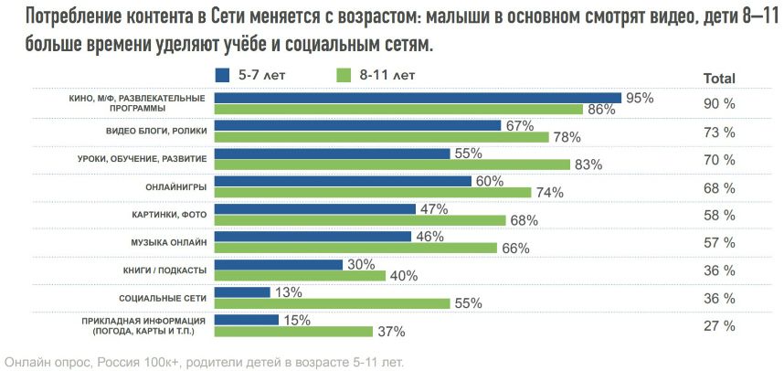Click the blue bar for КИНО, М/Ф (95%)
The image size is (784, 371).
click(x=418, y=98)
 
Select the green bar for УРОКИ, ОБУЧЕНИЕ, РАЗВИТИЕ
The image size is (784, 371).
click(x=393, y=164)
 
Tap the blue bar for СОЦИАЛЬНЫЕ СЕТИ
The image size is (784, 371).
click(x=242, y=292)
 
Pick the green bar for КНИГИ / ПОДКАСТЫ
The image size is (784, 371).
click(x=300, y=275)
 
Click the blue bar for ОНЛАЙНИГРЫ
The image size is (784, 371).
click(x=343, y=181)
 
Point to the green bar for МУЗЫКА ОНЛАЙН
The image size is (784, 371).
click(x=356, y=248)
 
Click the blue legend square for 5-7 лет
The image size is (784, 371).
click(x=223, y=76)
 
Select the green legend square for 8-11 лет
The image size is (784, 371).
click(x=343, y=76)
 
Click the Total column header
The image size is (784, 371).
click(x=719, y=79)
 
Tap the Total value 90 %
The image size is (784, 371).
click(x=719, y=104)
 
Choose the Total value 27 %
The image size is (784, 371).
click(x=719, y=326)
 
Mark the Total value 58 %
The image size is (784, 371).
click(x=719, y=216)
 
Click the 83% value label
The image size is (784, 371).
click(x=588, y=165)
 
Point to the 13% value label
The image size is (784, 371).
click(x=289, y=293)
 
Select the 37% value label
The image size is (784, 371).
click(x=391, y=332)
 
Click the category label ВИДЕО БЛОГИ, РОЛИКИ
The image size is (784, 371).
click(x=156, y=131)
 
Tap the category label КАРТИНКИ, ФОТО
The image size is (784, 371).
click(x=170, y=215)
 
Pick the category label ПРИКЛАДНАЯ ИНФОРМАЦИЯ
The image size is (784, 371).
click(x=144, y=321)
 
